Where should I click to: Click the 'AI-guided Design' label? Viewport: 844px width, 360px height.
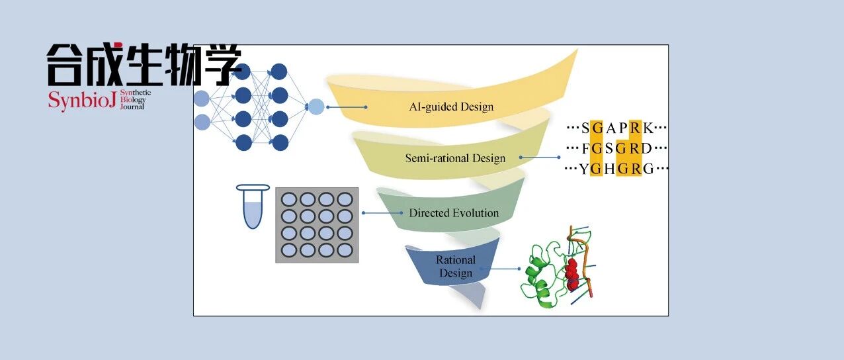(x=451, y=107)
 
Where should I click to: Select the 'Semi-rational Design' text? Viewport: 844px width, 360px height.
(x=455, y=158)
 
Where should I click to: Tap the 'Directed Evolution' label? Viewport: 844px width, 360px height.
(x=454, y=213)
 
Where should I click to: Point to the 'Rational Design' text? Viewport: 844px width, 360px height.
(x=456, y=266)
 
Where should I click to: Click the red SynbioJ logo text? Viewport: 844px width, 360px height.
(x=82, y=101)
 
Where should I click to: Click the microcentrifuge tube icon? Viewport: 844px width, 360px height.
(x=253, y=206)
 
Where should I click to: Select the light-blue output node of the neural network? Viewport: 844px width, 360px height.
(x=316, y=107)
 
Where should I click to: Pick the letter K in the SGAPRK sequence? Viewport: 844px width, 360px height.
(x=648, y=128)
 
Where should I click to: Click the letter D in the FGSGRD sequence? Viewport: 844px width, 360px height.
(x=647, y=148)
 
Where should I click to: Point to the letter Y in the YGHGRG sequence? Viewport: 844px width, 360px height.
(x=583, y=169)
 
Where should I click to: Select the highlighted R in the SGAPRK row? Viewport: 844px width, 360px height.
(x=635, y=128)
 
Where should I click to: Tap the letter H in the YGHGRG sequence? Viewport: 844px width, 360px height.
(x=609, y=169)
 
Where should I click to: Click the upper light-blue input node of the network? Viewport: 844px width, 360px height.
(x=202, y=99)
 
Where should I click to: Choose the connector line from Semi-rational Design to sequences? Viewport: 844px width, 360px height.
(x=540, y=157)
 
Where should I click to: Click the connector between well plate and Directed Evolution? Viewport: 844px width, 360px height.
(x=382, y=213)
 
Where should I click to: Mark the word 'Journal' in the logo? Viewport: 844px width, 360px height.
(x=132, y=107)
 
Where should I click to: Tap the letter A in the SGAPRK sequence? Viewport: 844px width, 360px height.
(x=611, y=128)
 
